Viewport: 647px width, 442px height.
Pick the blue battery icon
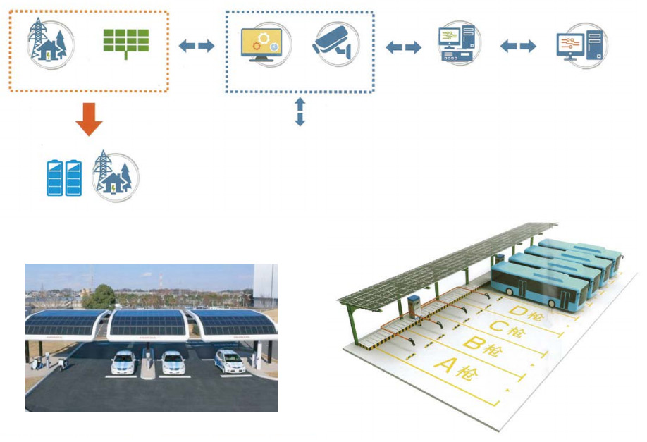[63, 178]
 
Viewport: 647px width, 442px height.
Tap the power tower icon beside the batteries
[114, 175]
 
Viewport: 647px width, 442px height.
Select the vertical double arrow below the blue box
[300, 111]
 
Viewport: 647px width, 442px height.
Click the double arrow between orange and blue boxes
[196, 47]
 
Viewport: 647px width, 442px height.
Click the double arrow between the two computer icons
[518, 47]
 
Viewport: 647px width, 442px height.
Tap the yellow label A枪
[455, 369]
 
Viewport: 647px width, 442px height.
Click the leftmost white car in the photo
[123, 363]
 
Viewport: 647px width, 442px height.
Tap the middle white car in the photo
[173, 362]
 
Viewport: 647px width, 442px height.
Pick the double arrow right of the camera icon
[404, 47]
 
